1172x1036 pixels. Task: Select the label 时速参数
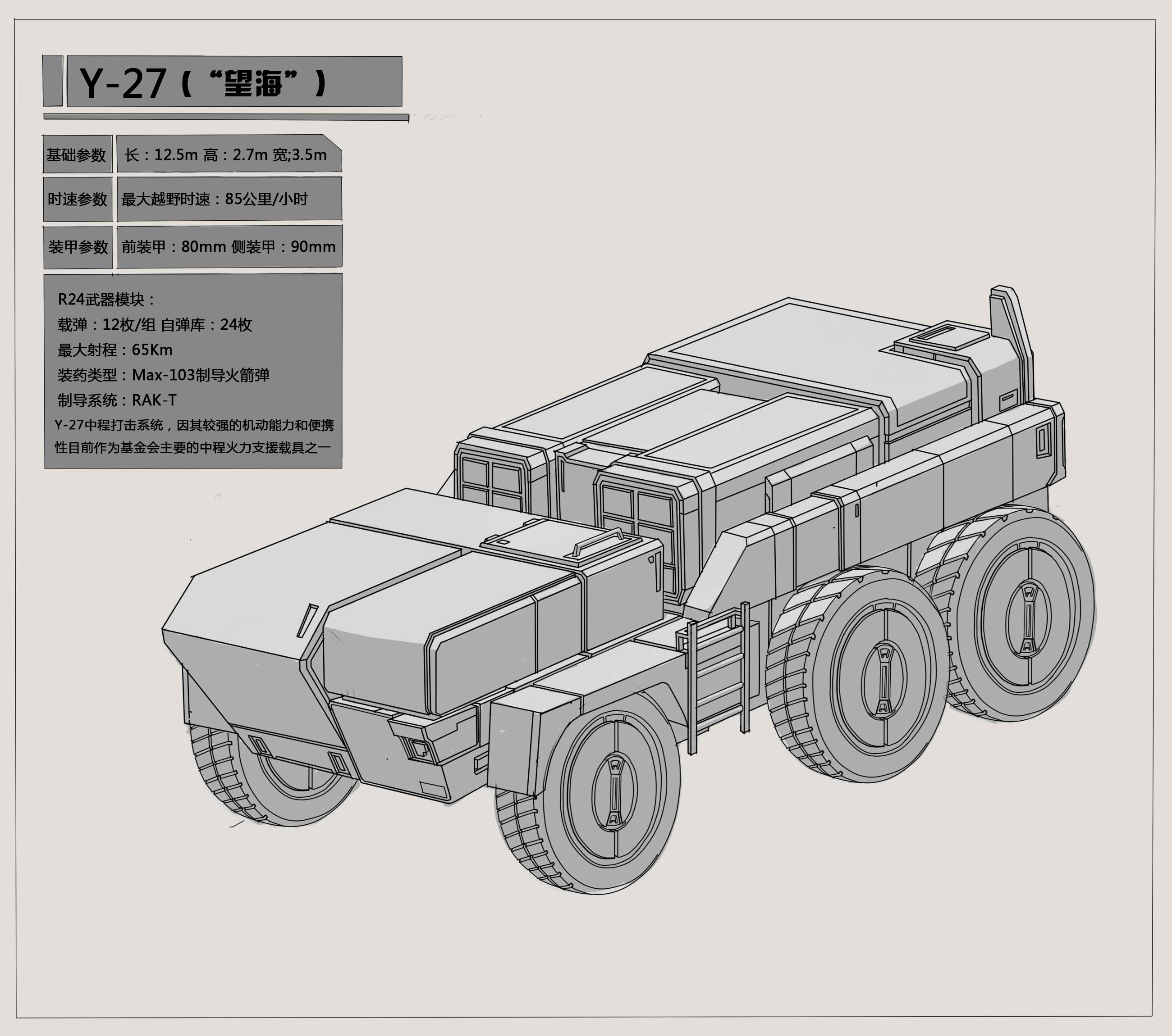pos(78,200)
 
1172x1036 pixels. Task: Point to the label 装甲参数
pos(78,247)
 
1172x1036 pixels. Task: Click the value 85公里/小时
pos(266,199)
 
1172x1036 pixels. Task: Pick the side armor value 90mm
pos(313,246)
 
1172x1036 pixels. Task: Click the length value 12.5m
pos(176,154)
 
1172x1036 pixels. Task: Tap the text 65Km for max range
pos(152,350)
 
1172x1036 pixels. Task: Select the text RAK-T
pos(154,400)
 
